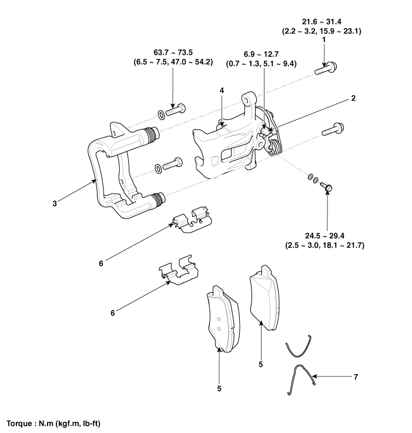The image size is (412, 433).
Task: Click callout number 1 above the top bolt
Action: tap(324, 40)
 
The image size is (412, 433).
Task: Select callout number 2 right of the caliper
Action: tap(353, 98)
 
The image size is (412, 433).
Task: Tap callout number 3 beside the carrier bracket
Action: tap(55, 204)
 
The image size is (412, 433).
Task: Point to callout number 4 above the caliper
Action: tap(222, 90)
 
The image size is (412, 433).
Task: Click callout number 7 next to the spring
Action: tap(356, 377)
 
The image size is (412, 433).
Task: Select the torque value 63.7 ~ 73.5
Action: tap(173, 52)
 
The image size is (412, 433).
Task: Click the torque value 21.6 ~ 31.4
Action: tap(321, 22)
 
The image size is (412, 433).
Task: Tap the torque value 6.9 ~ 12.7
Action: tap(261, 54)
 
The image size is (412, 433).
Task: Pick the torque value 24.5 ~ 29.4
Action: tap(324, 236)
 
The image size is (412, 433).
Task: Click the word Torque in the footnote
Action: tap(19, 424)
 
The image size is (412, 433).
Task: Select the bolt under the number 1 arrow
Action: tap(326, 68)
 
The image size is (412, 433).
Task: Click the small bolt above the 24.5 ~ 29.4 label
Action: tap(326, 187)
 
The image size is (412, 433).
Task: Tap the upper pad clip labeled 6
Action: tap(191, 219)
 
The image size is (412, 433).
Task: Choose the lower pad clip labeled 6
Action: tap(178, 270)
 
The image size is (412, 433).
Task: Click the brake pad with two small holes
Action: tap(223, 319)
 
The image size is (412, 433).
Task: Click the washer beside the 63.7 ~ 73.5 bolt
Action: tap(161, 115)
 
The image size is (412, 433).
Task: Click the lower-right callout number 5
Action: tap(261, 365)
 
